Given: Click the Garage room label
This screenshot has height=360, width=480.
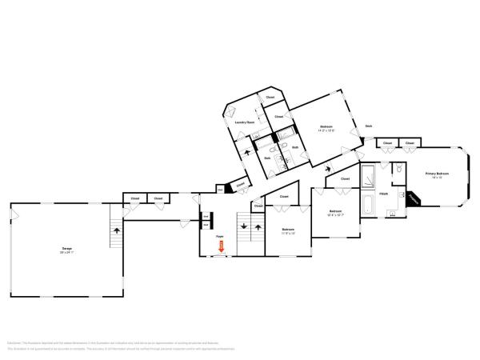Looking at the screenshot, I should (67, 248).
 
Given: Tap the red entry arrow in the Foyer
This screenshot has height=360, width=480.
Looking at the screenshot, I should (222, 247).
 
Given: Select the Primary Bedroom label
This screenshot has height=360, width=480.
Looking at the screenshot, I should (437, 173).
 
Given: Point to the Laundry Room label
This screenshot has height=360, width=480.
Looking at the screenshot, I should (244, 122).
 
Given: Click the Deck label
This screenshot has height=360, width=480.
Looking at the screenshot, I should (368, 126).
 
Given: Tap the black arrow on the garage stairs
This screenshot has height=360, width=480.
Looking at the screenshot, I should (117, 230).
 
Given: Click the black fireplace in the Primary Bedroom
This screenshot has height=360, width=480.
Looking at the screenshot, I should (412, 197).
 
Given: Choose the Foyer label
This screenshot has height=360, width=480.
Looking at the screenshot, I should (218, 237).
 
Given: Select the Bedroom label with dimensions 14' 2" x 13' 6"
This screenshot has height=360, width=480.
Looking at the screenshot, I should (326, 126).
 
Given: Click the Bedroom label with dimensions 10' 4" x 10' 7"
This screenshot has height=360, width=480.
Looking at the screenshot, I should (335, 212).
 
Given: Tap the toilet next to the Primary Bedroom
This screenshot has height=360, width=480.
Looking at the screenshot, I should (391, 214).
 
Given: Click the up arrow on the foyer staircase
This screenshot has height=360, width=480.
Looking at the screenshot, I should (257, 227).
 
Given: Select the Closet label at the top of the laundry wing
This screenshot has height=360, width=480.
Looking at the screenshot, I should (270, 97).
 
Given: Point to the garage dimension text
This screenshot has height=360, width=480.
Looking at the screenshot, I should (67, 253).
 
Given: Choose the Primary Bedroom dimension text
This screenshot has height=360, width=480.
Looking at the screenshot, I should (437, 178).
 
